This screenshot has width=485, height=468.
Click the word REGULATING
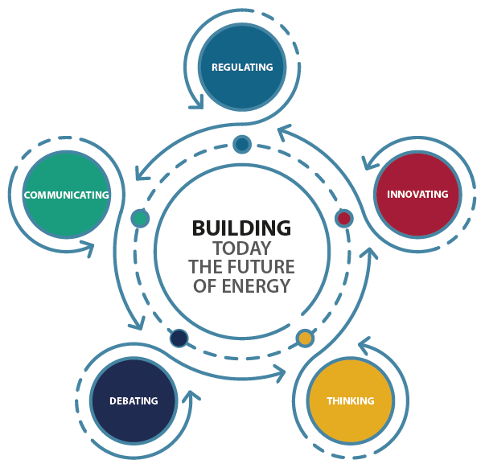click(x=242, y=67)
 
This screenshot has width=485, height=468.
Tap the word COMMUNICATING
click(x=67, y=195)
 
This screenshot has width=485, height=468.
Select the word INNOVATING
click(x=417, y=195)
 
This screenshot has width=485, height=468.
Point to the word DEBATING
click(x=134, y=401)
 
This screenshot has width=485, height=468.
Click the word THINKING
click(x=351, y=401)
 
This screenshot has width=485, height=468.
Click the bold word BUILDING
click(x=241, y=228)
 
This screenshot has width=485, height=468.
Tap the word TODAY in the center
click(x=241, y=248)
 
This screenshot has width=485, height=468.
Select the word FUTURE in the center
click(x=263, y=267)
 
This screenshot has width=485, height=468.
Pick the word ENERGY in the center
click(x=256, y=285)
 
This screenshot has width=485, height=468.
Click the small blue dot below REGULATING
click(x=242, y=144)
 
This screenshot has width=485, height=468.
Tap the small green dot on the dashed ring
click(x=140, y=219)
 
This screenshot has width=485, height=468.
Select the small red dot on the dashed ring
click(x=344, y=219)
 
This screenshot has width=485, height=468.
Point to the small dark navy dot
click(x=179, y=338)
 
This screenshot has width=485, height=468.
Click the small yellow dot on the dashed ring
click(x=305, y=338)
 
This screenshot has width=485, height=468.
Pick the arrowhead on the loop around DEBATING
click(x=191, y=396)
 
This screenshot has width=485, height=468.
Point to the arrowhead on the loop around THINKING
click(x=364, y=344)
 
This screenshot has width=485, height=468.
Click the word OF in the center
click(x=205, y=285)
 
